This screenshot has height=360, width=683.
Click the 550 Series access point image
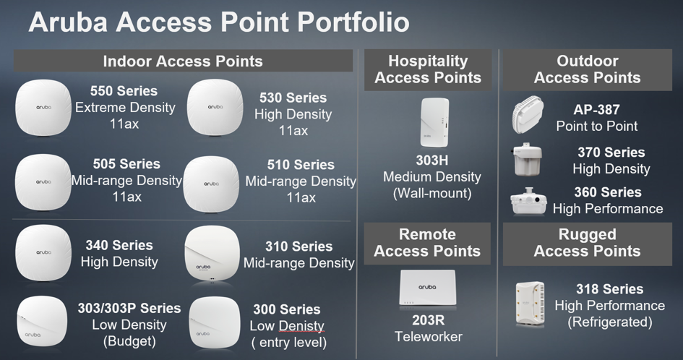[x=43, y=107]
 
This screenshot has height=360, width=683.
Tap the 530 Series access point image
[x=215, y=107]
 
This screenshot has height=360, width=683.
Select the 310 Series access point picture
[x=212, y=254]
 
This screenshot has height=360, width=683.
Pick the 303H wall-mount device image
[x=434, y=123]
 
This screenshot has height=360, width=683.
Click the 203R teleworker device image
[x=427, y=288]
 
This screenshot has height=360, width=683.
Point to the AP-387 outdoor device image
[x=528, y=114]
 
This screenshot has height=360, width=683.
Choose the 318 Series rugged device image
[x=530, y=304]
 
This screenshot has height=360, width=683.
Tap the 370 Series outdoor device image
[x=528, y=160]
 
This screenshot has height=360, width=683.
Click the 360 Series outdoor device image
[x=528, y=202]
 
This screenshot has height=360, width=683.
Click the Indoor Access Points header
[x=183, y=61]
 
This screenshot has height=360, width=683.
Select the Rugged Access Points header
[x=587, y=243]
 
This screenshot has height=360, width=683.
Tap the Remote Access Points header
[x=427, y=243]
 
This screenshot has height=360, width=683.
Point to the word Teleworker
[x=429, y=336]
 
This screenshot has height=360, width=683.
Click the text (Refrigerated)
[x=610, y=322]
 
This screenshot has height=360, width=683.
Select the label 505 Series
[x=126, y=164]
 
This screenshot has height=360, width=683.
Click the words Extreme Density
[x=126, y=107]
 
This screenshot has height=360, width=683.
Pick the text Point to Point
[x=597, y=126]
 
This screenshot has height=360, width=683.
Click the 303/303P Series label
[x=129, y=308]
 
